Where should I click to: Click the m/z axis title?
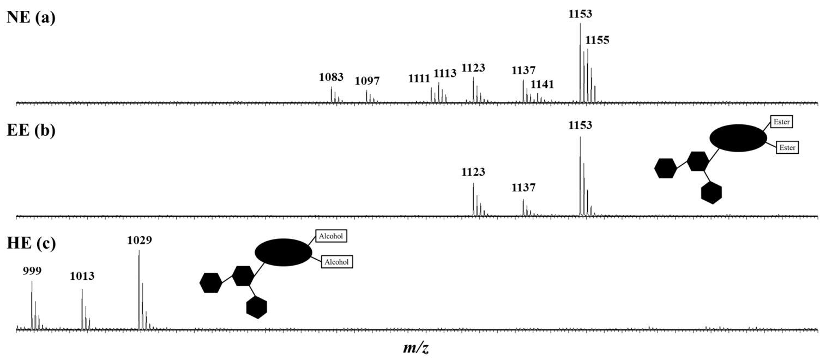pyautogui.click(x=416, y=348)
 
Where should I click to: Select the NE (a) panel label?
pyautogui.click(x=31, y=18)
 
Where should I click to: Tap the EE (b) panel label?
pyautogui.click(x=31, y=130)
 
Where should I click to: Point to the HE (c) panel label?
pyautogui.click(x=31, y=243)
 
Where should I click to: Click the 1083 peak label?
pyautogui.click(x=331, y=77)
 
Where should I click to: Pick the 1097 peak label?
pyautogui.click(x=367, y=81)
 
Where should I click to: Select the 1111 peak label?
pyautogui.click(x=419, y=79)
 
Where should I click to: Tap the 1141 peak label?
pyautogui.click(x=542, y=85)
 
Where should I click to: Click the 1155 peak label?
pyautogui.click(x=597, y=40)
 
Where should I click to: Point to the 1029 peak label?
pyautogui.click(x=139, y=241)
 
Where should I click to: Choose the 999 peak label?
pyautogui.click(x=32, y=271)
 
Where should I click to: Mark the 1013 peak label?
pyautogui.click(x=82, y=276)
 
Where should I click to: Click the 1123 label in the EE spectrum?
pyautogui.click(x=473, y=172)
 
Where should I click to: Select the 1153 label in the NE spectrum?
pyautogui.click(x=580, y=14)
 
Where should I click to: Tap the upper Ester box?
pyautogui.click(x=781, y=122)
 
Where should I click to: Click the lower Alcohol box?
pyautogui.click(x=336, y=262)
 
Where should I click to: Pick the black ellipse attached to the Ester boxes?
pyautogui.click(x=738, y=138)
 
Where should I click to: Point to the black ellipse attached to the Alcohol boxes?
pyautogui.click(x=284, y=252)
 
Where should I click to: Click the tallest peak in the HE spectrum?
pyautogui.click(x=139, y=290)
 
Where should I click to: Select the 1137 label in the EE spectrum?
pyautogui.click(x=523, y=188)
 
